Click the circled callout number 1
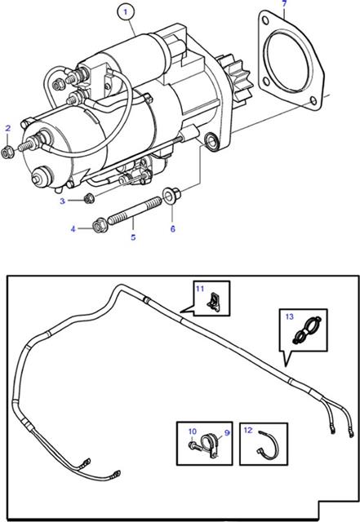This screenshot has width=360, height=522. tap(126, 12)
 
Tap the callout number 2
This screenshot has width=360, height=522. tap(8, 128)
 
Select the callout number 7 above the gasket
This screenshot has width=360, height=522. tap(284, 3)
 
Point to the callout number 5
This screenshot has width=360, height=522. tap(133, 237)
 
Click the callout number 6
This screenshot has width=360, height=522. tap(173, 229)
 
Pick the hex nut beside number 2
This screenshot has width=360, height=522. tap(7, 153)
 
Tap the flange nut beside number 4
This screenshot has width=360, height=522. tap(98, 226)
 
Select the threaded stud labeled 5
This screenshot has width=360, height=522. tap(136, 211)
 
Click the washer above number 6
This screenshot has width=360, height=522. tap(171, 194)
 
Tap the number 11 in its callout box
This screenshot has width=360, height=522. tap(199, 288)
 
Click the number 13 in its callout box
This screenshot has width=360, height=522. tap(289, 316)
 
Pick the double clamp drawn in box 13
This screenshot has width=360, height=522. tap(307, 330)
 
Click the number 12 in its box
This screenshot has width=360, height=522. tap(248, 430)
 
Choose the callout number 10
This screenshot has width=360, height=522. tap(193, 431)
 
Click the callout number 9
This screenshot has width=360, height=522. tap(227, 433)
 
